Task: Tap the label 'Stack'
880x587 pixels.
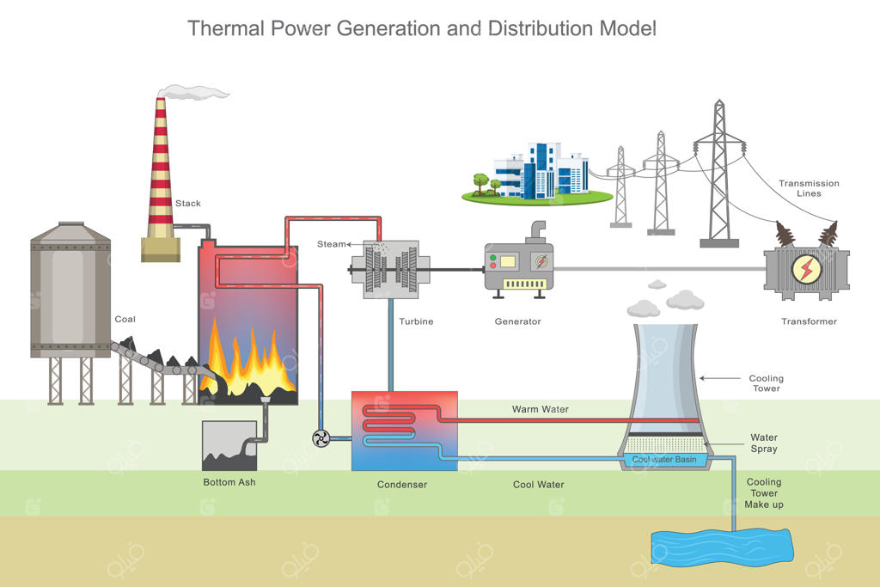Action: (x=188, y=204)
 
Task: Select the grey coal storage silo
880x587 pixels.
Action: (x=70, y=292)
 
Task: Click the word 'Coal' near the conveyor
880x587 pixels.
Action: (x=125, y=320)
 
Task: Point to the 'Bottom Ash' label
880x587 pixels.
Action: (x=229, y=482)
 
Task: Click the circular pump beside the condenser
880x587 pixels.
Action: (x=321, y=438)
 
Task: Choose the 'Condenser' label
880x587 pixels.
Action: (x=402, y=485)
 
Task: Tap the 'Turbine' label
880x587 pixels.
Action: (x=416, y=322)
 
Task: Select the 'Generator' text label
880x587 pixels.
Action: (x=518, y=322)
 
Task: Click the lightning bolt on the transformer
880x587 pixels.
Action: (x=807, y=269)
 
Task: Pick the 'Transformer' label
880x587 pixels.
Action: (x=809, y=322)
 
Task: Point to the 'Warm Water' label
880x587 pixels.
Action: (x=541, y=409)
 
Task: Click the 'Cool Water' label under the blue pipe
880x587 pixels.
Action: (x=539, y=485)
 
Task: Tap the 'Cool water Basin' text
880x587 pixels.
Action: (x=664, y=459)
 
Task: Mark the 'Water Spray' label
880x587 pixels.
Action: (x=764, y=443)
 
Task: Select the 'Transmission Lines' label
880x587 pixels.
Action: (x=809, y=188)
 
